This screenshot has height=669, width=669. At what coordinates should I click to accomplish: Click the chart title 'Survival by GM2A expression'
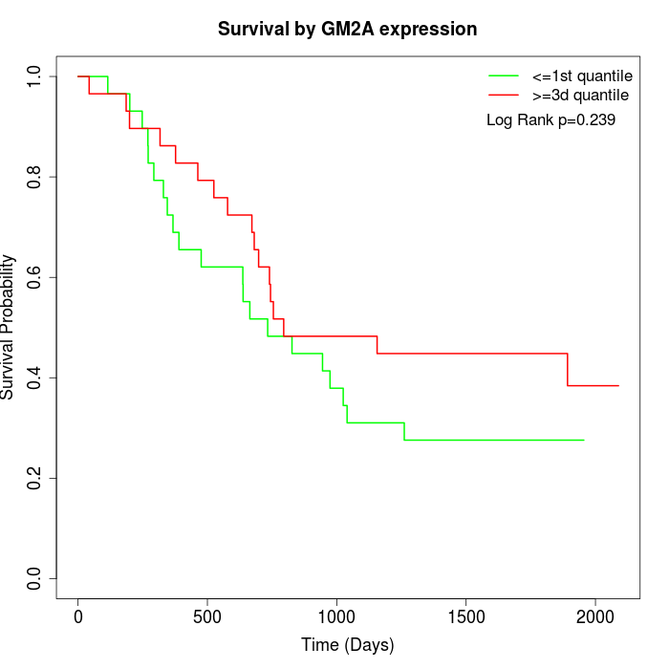[x=347, y=29]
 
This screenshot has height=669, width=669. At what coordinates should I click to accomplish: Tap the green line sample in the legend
[x=504, y=75]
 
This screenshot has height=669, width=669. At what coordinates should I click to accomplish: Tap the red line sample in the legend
[x=504, y=95]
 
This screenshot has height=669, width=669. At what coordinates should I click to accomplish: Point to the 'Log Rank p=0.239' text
[x=550, y=120]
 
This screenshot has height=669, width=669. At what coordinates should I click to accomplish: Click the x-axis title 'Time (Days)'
[x=347, y=645]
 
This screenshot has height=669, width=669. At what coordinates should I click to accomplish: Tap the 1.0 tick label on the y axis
[x=35, y=76]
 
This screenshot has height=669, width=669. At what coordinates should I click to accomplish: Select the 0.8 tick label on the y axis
[x=35, y=177]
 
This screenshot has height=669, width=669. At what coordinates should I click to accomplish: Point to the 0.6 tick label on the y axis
[x=35, y=277]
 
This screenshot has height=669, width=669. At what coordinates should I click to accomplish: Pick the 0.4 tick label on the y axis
[x=35, y=378]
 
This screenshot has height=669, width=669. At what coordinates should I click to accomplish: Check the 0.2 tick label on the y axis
[x=35, y=478]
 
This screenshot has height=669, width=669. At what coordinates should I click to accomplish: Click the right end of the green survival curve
[x=583, y=440]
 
